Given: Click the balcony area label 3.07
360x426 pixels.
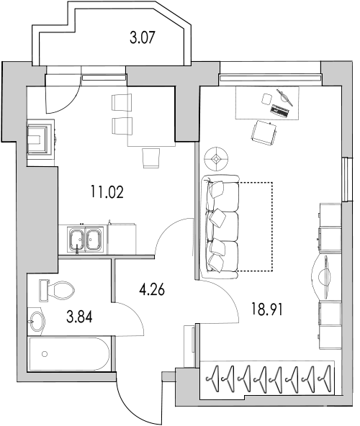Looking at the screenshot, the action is click(x=143, y=37).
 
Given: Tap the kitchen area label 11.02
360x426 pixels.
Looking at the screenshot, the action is click(x=107, y=192).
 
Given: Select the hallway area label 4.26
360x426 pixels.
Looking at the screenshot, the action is click(x=152, y=290).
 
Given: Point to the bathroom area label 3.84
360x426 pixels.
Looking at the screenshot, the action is click(x=79, y=317).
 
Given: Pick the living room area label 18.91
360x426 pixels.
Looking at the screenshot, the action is click(x=266, y=309).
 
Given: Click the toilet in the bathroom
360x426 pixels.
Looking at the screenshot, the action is click(x=57, y=291).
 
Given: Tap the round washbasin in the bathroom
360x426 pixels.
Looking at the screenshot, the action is click(x=37, y=322).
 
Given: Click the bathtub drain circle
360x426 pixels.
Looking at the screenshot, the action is click(x=45, y=354).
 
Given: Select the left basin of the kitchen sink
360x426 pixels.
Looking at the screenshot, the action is click(x=77, y=240).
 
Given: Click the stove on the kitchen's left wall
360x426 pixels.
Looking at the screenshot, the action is click(x=41, y=138).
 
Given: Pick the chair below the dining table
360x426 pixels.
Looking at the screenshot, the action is click(x=150, y=158).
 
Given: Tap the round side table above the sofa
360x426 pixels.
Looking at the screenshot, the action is click(x=216, y=159).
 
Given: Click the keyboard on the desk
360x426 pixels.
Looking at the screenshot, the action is click(x=280, y=111).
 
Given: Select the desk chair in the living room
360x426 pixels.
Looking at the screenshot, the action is click(x=264, y=133).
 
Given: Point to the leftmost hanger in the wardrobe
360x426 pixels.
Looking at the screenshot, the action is click(x=213, y=379).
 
